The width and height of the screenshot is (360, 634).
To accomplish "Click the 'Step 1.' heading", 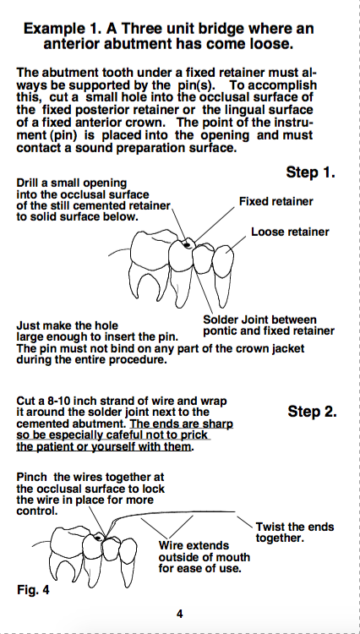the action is pyautogui.click(x=311, y=172).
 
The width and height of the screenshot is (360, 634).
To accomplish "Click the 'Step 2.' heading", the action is pyautogui.click(x=312, y=412).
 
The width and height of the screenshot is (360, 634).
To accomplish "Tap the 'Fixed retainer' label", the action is pyautogui.click(x=276, y=201).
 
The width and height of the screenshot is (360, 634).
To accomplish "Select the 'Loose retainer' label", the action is pyautogui.click(x=290, y=232).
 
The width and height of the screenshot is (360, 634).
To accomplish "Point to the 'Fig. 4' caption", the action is pyautogui.click(x=33, y=590).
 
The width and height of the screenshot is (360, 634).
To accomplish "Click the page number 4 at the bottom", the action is pyautogui.click(x=180, y=614).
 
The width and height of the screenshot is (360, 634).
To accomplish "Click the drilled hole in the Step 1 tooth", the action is pyautogui.click(x=187, y=244).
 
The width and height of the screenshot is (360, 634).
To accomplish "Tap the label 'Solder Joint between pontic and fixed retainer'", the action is pyautogui.click(x=269, y=326).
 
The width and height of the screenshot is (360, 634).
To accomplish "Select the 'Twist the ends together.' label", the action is pyautogui.click(x=295, y=533).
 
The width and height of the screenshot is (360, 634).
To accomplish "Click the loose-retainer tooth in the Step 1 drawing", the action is pyautogui.click(x=223, y=275).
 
